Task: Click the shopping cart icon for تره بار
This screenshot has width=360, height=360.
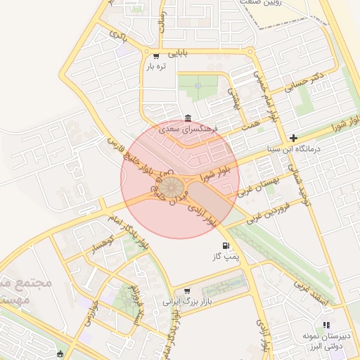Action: pyautogui.click(x=155, y=56)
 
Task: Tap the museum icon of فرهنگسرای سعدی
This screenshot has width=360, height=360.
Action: pyautogui.click(x=187, y=118)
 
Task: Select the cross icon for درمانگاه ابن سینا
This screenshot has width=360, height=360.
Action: pyautogui.click(x=293, y=138)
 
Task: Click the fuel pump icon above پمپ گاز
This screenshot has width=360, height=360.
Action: pyautogui.click(x=226, y=245)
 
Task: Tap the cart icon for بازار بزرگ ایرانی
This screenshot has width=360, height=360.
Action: pyautogui.click(x=187, y=290)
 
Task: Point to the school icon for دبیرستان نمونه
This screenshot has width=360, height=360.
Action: pyautogui.click(x=326, y=325)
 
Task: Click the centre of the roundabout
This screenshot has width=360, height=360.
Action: pyautogui.click(x=169, y=188)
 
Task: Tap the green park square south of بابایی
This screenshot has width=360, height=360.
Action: pyautogui.click(x=198, y=86)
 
